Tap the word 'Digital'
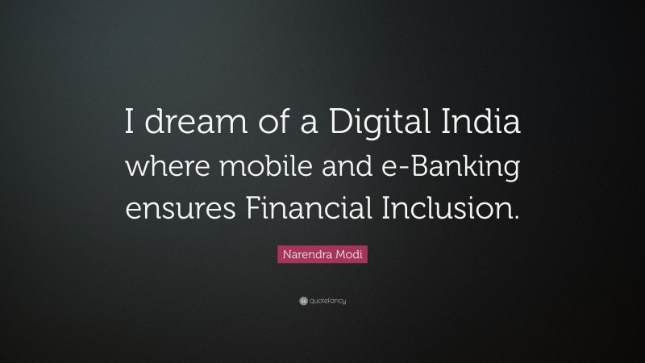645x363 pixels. click(378, 127)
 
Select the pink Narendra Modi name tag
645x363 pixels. click(322, 255)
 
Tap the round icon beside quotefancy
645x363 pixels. click(302, 301)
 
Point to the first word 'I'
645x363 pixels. click(129, 127)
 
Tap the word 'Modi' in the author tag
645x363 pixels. click(347, 255)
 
